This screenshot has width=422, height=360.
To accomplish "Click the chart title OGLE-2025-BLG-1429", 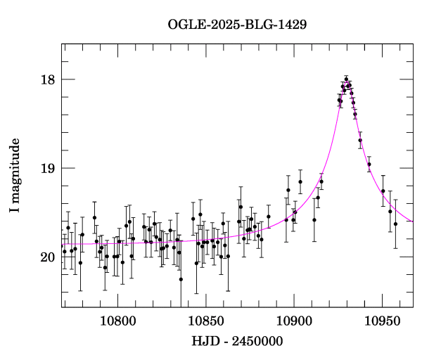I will (237, 25).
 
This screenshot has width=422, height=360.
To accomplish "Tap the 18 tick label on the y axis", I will (47, 79).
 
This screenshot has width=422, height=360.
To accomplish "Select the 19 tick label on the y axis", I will (47, 168).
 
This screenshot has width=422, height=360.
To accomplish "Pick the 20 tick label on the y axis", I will (47, 257).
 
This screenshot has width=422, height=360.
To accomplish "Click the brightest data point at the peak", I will (346, 79).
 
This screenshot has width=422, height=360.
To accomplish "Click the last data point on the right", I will (396, 224).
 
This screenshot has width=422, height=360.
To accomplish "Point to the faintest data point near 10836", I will (181, 279).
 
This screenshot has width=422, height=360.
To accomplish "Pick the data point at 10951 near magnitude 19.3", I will (383, 191).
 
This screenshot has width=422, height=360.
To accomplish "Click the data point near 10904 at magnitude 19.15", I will (300, 181).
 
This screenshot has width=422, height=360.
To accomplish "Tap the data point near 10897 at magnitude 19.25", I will (288, 190).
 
